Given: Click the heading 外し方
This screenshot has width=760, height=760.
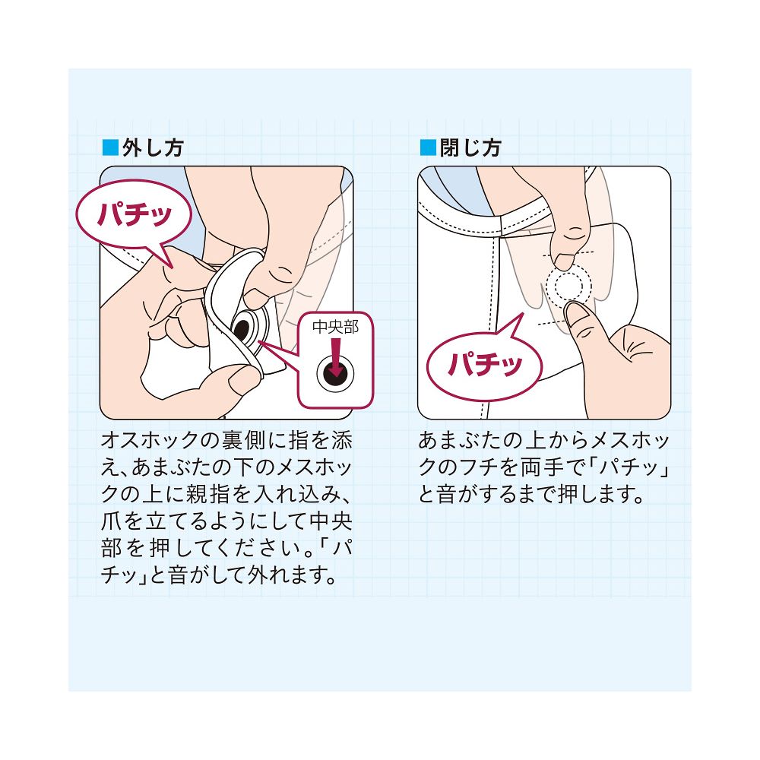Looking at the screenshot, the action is (153, 148).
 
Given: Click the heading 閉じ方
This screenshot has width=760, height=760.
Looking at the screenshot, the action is (470, 148).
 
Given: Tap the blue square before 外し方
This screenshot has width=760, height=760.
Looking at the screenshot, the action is (110, 147).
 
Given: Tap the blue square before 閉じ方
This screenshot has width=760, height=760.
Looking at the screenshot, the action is (428, 147).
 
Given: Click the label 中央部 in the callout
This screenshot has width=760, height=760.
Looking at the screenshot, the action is (335, 327).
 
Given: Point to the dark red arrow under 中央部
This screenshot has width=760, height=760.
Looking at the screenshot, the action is (335, 356).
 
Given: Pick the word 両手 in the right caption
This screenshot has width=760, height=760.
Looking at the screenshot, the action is (542, 467).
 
